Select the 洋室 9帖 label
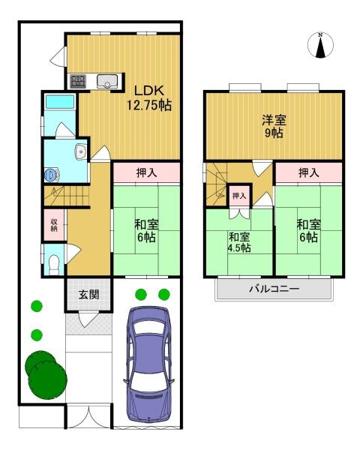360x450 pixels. click(x=272, y=126)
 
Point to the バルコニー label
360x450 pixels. click(x=274, y=289)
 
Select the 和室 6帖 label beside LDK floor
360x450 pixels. click(x=145, y=229)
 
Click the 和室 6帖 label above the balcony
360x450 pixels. click(x=307, y=229)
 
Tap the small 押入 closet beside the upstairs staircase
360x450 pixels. click(x=238, y=196)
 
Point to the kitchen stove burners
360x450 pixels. click(x=79, y=81)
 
